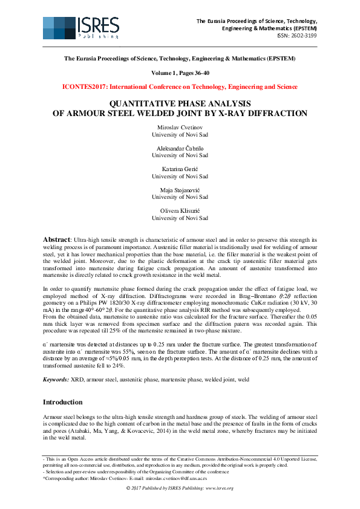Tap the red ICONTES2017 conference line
click(x=180, y=86)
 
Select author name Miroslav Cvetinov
click(x=180, y=128)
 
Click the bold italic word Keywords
click(x=59, y=379)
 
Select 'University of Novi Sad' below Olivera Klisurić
click(x=180, y=218)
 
